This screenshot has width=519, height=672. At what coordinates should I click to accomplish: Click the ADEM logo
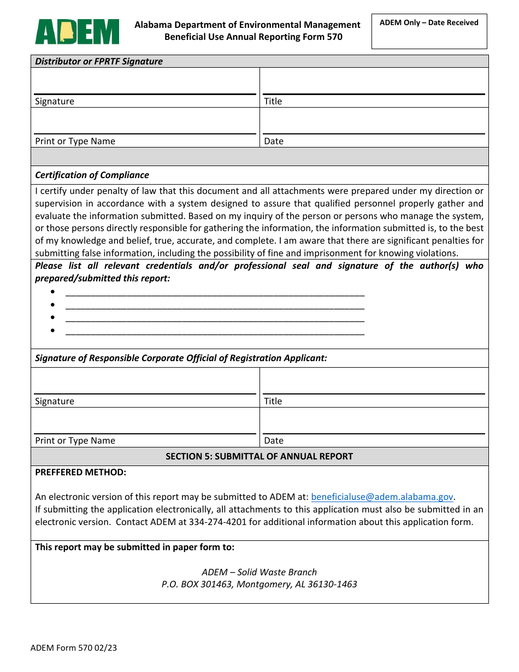point(77,31)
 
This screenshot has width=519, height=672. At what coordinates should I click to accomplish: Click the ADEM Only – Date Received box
point(429,32)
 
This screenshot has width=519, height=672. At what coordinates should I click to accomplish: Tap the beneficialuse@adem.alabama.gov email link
point(382,497)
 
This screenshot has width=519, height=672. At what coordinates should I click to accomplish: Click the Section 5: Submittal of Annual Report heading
point(259,456)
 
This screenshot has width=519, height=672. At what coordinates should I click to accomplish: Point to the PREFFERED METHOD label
point(80,472)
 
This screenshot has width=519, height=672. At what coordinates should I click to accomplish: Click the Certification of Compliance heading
point(92,175)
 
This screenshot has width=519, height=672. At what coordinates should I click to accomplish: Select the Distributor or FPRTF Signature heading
point(99,61)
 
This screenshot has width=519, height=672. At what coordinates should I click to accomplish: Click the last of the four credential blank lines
point(215,330)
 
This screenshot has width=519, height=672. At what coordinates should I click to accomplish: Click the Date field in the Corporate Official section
point(374,423)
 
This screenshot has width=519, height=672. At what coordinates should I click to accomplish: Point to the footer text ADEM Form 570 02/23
point(74,648)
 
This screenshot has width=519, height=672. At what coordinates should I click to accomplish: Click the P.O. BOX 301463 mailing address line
point(259,584)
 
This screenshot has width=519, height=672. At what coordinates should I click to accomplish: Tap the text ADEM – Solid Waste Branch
point(259,572)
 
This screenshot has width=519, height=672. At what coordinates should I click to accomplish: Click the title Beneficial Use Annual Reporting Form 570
point(253,37)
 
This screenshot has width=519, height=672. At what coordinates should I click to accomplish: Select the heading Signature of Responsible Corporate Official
point(181,358)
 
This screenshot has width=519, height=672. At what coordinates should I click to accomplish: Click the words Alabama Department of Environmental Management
point(247,25)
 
